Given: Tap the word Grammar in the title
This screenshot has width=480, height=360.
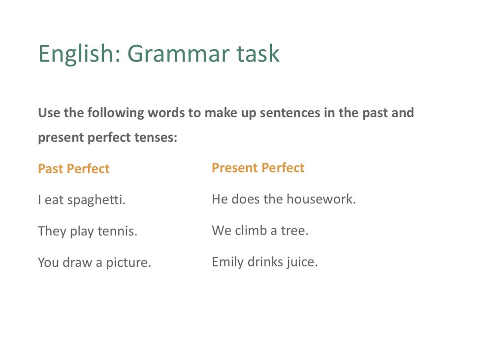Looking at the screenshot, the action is [x=179, y=54].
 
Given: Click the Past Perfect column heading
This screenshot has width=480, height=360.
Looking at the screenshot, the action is [x=73, y=169].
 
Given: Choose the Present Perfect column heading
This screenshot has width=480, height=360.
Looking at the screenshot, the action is [x=258, y=168].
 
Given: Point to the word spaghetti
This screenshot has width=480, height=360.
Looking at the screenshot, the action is [x=96, y=200].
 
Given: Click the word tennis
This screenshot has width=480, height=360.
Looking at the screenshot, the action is [x=118, y=231].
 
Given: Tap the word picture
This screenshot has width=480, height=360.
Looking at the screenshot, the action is [x=128, y=263].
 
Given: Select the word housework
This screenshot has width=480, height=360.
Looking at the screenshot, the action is [x=321, y=199].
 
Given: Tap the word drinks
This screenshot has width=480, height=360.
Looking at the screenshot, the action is [x=265, y=262].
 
